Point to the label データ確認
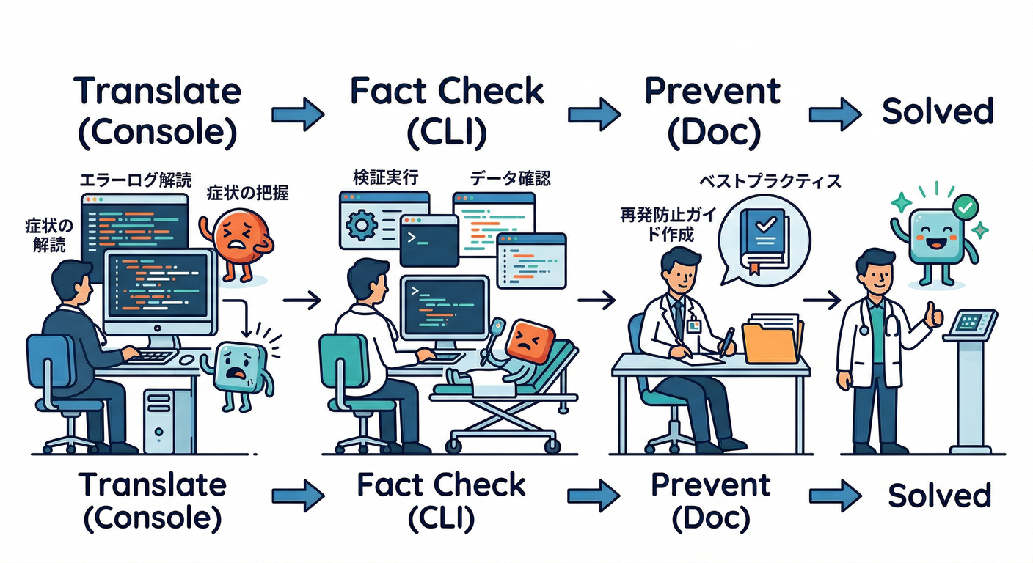pos(510,178)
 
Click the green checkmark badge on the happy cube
pos(967,205)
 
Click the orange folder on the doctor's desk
pos(770,340)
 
